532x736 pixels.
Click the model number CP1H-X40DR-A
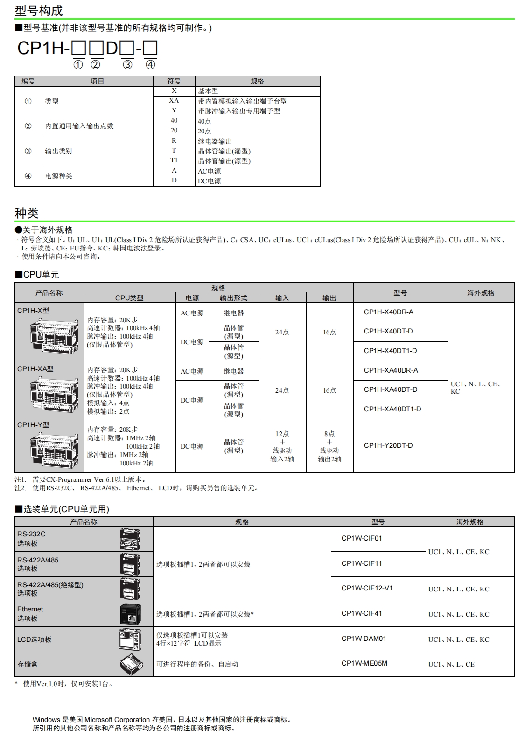(x=388, y=312)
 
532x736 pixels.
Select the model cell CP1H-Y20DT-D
(x=388, y=445)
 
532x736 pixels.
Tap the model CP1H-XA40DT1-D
(x=392, y=409)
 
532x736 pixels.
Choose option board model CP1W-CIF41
(x=362, y=613)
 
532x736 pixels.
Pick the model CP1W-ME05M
(x=364, y=663)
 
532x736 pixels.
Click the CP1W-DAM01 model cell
(x=364, y=639)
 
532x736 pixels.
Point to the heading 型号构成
(x=39, y=11)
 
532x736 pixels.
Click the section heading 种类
(x=27, y=213)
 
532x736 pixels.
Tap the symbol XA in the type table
(x=174, y=101)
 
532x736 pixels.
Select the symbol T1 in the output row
(x=174, y=160)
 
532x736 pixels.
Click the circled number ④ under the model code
(x=150, y=65)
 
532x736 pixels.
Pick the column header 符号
(x=174, y=81)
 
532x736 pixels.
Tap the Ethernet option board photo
(x=130, y=614)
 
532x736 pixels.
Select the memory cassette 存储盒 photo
(x=130, y=664)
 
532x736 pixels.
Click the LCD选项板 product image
(x=130, y=639)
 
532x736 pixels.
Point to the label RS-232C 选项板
(x=31, y=539)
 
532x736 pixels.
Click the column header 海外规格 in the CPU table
(x=481, y=293)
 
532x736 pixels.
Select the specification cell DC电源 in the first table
(x=210, y=181)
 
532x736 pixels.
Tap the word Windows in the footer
(x=46, y=720)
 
